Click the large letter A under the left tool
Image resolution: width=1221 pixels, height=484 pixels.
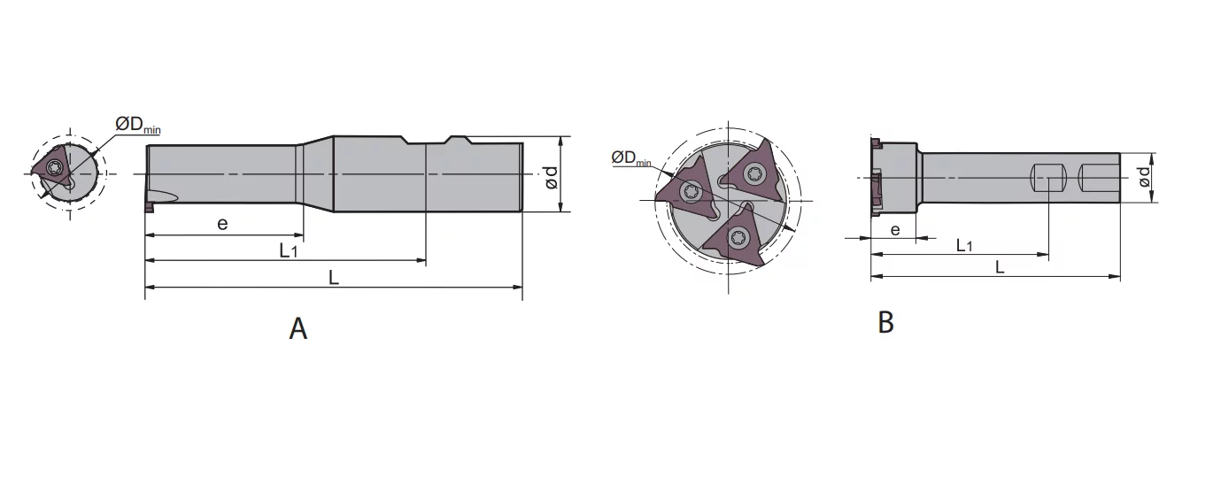[298, 329]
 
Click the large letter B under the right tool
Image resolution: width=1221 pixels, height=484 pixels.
[885, 322]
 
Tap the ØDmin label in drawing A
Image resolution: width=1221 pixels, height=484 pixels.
[138, 126]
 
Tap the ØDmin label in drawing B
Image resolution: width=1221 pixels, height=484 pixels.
[631, 158]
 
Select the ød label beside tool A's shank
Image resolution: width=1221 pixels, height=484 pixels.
[551, 178]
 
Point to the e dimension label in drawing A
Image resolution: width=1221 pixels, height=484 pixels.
[222, 224]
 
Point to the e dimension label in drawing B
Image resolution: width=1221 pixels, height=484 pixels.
[895, 230]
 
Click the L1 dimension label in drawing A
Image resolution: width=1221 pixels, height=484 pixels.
[289, 250]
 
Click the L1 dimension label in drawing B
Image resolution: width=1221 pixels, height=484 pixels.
[964, 245]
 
